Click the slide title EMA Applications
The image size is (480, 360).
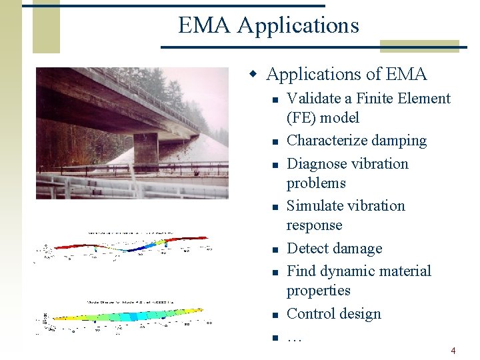click(268, 25)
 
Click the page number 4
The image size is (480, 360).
click(453, 351)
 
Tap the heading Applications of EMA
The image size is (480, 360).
click(346, 74)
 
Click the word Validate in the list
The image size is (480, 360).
click(311, 99)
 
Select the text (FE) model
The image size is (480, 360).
click(323, 118)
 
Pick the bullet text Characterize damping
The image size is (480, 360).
click(356, 141)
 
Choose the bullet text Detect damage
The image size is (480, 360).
click(334, 249)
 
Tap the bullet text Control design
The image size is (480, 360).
click(333, 314)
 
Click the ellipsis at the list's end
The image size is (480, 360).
click(294, 337)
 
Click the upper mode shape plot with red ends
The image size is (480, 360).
click(127, 246)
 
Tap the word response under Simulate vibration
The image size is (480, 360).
click(314, 225)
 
